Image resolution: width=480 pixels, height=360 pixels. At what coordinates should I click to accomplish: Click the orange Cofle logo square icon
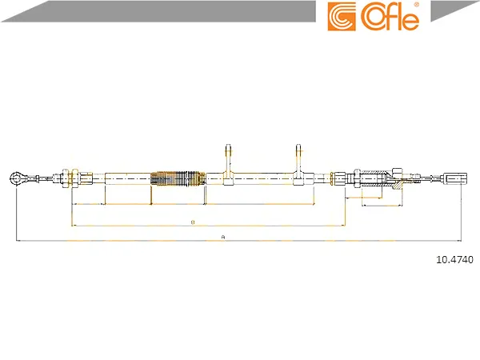[342, 17]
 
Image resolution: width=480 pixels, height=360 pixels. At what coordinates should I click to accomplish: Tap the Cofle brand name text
[390, 17]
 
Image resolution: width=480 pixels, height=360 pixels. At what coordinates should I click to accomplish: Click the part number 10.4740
[454, 259]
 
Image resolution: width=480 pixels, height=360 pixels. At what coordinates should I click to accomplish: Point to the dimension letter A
[223, 237]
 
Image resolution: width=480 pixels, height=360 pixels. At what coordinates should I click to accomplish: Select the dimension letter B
[193, 222]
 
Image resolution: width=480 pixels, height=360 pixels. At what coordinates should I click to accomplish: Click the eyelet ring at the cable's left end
[15, 178]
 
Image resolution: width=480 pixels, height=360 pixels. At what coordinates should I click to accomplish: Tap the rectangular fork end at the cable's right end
[455, 178]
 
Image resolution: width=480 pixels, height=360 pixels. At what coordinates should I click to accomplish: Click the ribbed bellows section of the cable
[178, 178]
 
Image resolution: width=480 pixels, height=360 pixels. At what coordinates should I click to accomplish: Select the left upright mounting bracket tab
[229, 165]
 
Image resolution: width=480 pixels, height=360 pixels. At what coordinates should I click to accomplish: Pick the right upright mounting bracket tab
[298, 165]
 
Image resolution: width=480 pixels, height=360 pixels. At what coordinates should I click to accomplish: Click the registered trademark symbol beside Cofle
[416, 5]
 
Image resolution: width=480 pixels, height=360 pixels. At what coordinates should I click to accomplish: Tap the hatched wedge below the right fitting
[397, 185]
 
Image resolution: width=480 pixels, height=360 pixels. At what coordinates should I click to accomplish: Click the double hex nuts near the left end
[71, 178]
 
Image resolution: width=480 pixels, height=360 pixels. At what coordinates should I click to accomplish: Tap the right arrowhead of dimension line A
[459, 241]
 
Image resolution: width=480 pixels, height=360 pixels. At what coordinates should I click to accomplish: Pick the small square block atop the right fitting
[397, 172]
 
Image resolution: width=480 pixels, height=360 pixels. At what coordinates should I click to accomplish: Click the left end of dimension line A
[16, 241]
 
